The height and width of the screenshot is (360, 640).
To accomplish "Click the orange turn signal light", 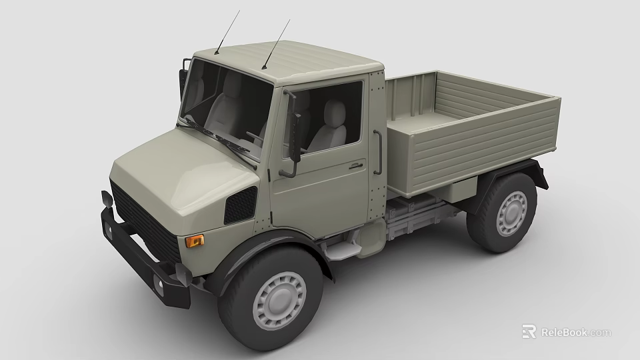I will [195, 241].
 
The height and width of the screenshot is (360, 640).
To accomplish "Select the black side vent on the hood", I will [240, 205].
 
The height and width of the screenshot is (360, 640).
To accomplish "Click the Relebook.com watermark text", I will [575, 332].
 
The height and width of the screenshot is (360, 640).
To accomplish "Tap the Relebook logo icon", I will [529, 332].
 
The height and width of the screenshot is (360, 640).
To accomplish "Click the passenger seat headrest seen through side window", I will [335, 111].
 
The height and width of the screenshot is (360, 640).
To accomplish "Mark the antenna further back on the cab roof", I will [277, 43].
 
